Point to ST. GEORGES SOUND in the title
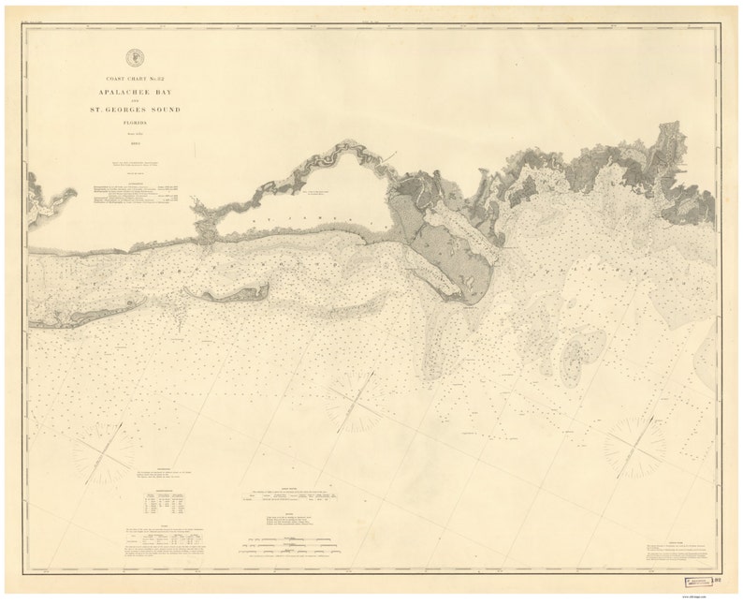(137, 111)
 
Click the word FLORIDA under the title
(137, 123)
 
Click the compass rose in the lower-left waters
(102, 453)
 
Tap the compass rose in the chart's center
(354, 403)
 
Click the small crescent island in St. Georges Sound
(227, 294)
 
